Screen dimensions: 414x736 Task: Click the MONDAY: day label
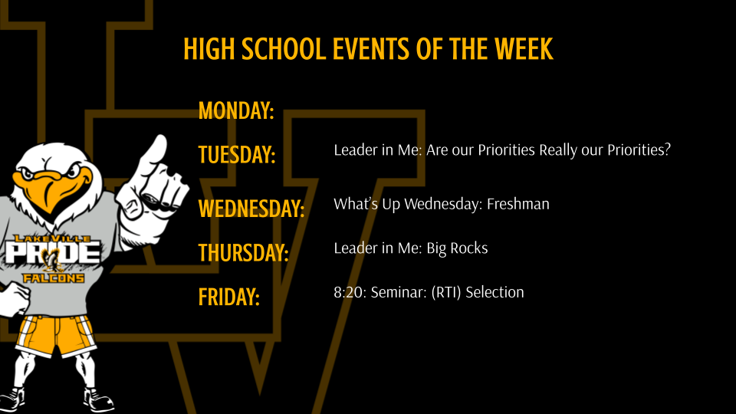click(x=236, y=111)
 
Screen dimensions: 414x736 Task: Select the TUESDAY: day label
click(x=237, y=155)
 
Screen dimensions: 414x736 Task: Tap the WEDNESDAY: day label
click(x=251, y=208)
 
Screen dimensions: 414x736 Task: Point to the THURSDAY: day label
click(x=243, y=252)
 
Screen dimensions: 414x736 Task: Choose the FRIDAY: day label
click(x=229, y=297)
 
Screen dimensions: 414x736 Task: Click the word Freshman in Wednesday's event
click(x=518, y=205)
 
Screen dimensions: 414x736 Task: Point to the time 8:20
click(x=349, y=292)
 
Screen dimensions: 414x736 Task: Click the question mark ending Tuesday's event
click(x=667, y=149)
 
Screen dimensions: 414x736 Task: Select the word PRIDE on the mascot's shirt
click(x=52, y=254)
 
